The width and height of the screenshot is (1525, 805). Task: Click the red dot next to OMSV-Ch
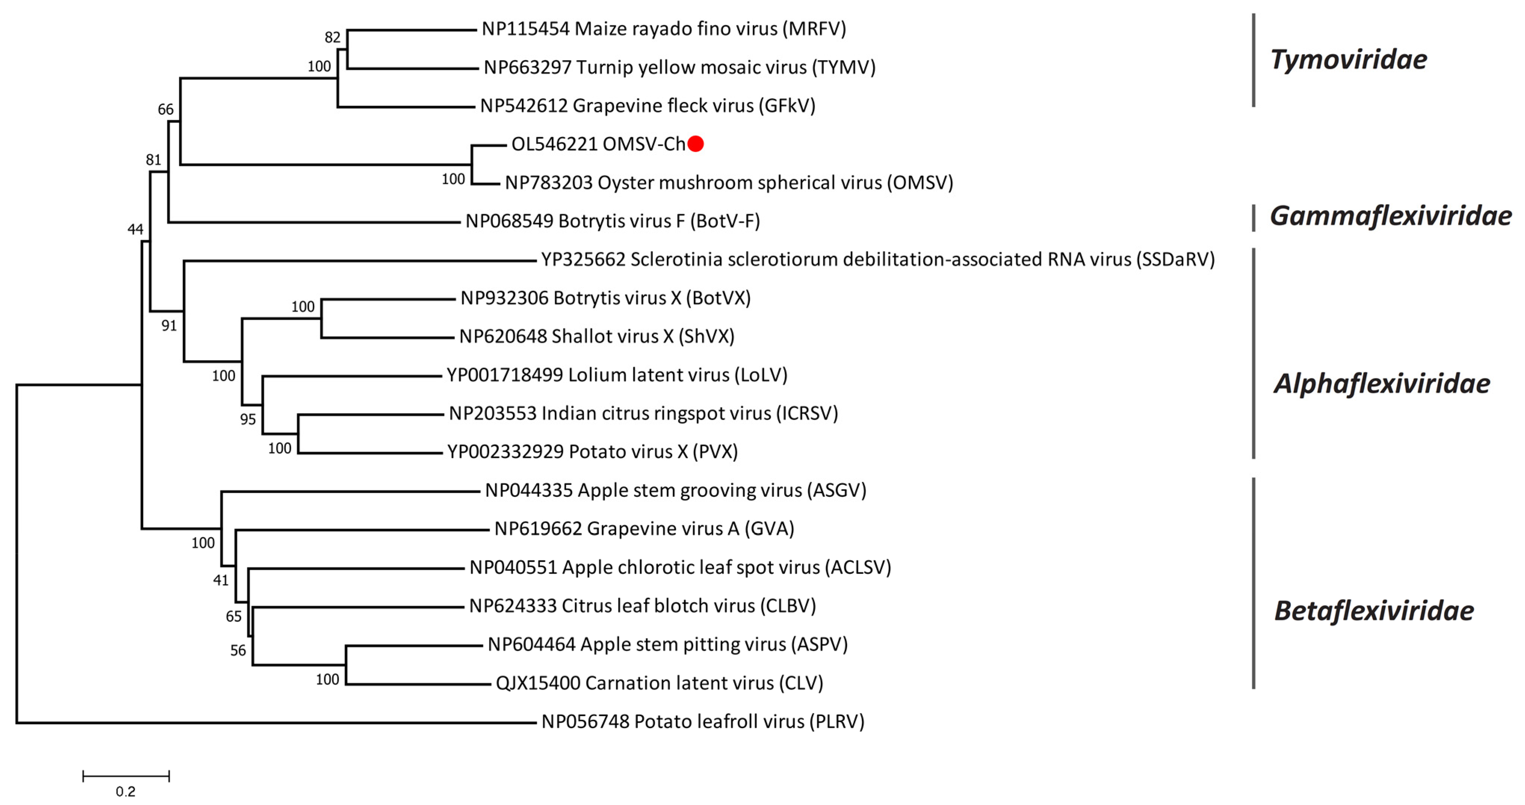tap(696, 144)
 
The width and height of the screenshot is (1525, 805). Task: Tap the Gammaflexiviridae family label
tap(1390, 216)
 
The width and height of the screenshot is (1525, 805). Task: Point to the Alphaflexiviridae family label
tap(1382, 384)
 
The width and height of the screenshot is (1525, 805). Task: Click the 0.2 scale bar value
tap(126, 792)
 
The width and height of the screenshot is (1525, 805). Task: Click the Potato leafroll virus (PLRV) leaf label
tap(703, 722)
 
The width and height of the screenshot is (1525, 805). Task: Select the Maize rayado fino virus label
tap(663, 28)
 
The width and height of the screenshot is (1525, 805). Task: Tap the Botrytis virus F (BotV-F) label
tap(612, 221)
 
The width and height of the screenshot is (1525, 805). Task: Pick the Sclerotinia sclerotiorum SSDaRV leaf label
tap(877, 259)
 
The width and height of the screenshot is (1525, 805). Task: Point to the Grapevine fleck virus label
tap(648, 105)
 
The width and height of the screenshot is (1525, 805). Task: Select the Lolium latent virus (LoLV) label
tap(616, 375)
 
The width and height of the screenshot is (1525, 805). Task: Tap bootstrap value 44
tap(136, 229)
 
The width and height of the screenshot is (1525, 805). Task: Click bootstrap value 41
tap(221, 580)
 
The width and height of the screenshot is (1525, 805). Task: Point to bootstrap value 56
tap(238, 650)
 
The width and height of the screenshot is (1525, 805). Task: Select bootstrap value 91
tap(169, 325)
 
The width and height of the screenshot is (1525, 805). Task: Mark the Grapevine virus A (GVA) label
tap(644, 529)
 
